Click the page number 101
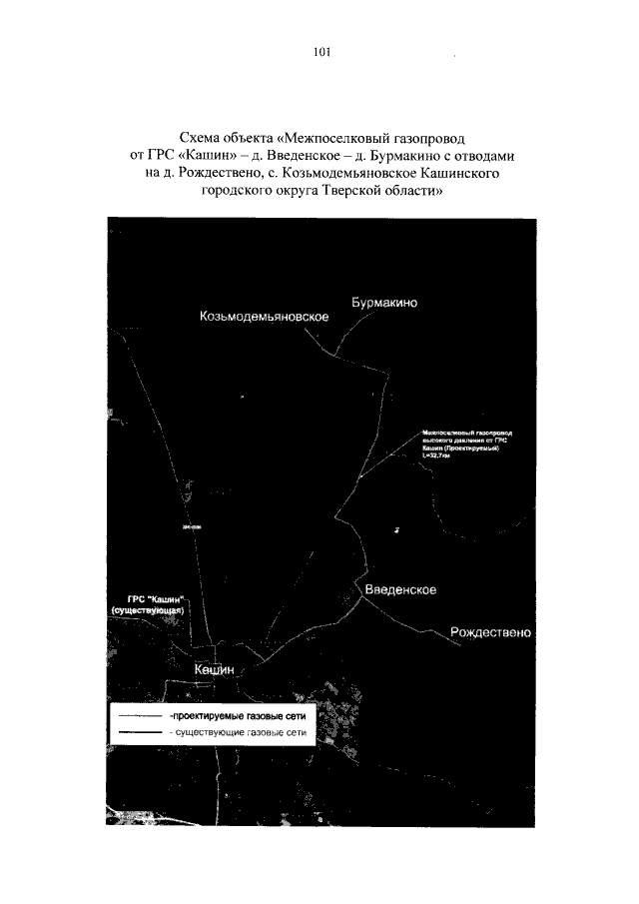click(320, 53)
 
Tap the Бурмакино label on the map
click(389, 301)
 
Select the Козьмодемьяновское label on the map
click(265, 316)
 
